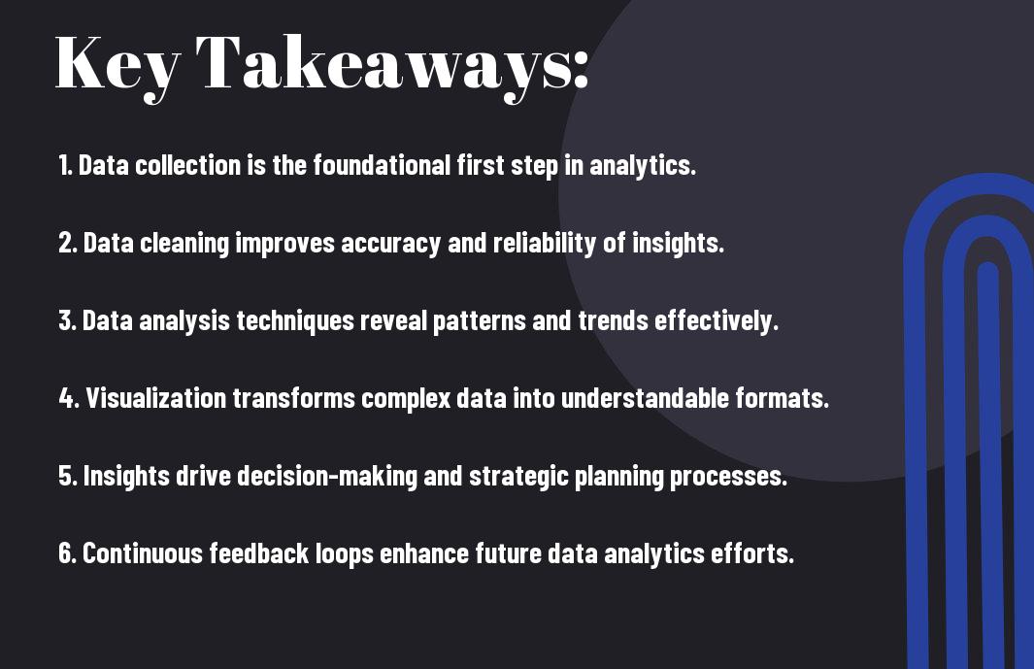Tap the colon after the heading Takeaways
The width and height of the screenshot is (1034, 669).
pyautogui.click(x=581, y=69)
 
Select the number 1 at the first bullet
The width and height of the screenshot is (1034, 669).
pyautogui.click(x=63, y=165)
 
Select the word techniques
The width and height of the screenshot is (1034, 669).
pyautogui.click(x=295, y=321)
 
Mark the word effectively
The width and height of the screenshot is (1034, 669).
pyautogui.click(x=717, y=321)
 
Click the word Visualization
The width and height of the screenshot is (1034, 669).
pyautogui.click(x=156, y=398)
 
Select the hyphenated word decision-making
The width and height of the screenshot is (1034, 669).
pyautogui.click(x=327, y=477)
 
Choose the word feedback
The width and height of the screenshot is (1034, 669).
pyautogui.click(x=259, y=552)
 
